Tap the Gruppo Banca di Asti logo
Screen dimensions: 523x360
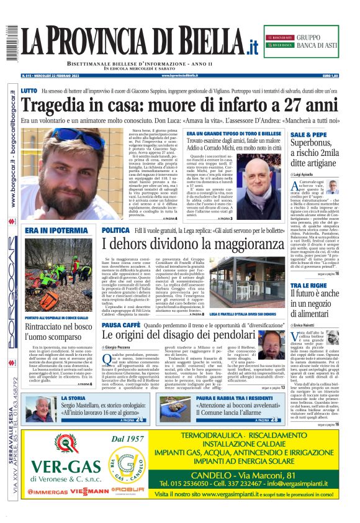(x=307, y=42)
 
